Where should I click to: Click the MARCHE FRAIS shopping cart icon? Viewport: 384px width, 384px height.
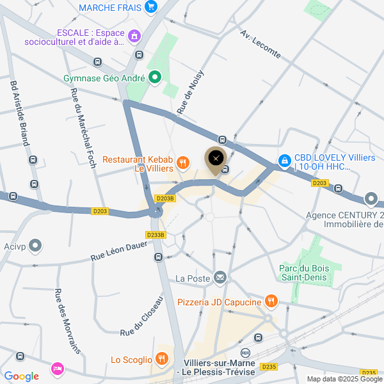point(151,7)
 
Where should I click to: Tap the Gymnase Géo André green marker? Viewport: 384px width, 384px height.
point(154,79)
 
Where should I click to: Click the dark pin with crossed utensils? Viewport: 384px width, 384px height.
point(215,157)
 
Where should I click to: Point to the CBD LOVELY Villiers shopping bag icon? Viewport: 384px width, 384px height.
point(284,160)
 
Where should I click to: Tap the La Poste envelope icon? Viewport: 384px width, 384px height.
point(220,277)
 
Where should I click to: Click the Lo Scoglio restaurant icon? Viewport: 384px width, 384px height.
point(163,360)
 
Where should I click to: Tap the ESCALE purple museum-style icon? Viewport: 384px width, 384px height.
point(134,36)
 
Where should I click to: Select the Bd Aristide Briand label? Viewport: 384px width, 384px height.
point(19,113)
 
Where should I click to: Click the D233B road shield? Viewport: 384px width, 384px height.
point(156,235)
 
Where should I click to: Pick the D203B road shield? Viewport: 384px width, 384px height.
point(165,198)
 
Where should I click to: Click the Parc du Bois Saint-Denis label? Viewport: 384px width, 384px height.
point(303,273)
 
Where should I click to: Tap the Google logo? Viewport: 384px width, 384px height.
point(21,376)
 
